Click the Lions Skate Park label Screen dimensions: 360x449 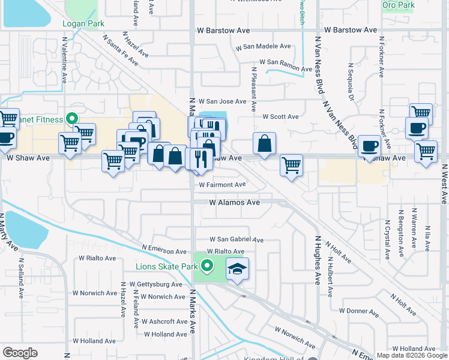point(166,266)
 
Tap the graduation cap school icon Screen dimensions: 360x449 point(238,269)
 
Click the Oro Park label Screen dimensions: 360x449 point(398,5)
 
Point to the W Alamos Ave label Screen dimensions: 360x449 point(234,203)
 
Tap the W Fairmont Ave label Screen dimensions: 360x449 point(222,185)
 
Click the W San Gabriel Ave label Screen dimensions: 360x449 point(236,239)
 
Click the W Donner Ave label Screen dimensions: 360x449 point(358,311)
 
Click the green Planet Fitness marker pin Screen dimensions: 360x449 point(72,119)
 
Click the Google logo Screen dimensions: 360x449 point(20,353)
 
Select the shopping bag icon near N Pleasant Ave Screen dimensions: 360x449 point(264,144)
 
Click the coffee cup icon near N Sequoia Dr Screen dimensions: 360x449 point(369,145)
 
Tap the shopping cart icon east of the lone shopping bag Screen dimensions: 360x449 point(291,164)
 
